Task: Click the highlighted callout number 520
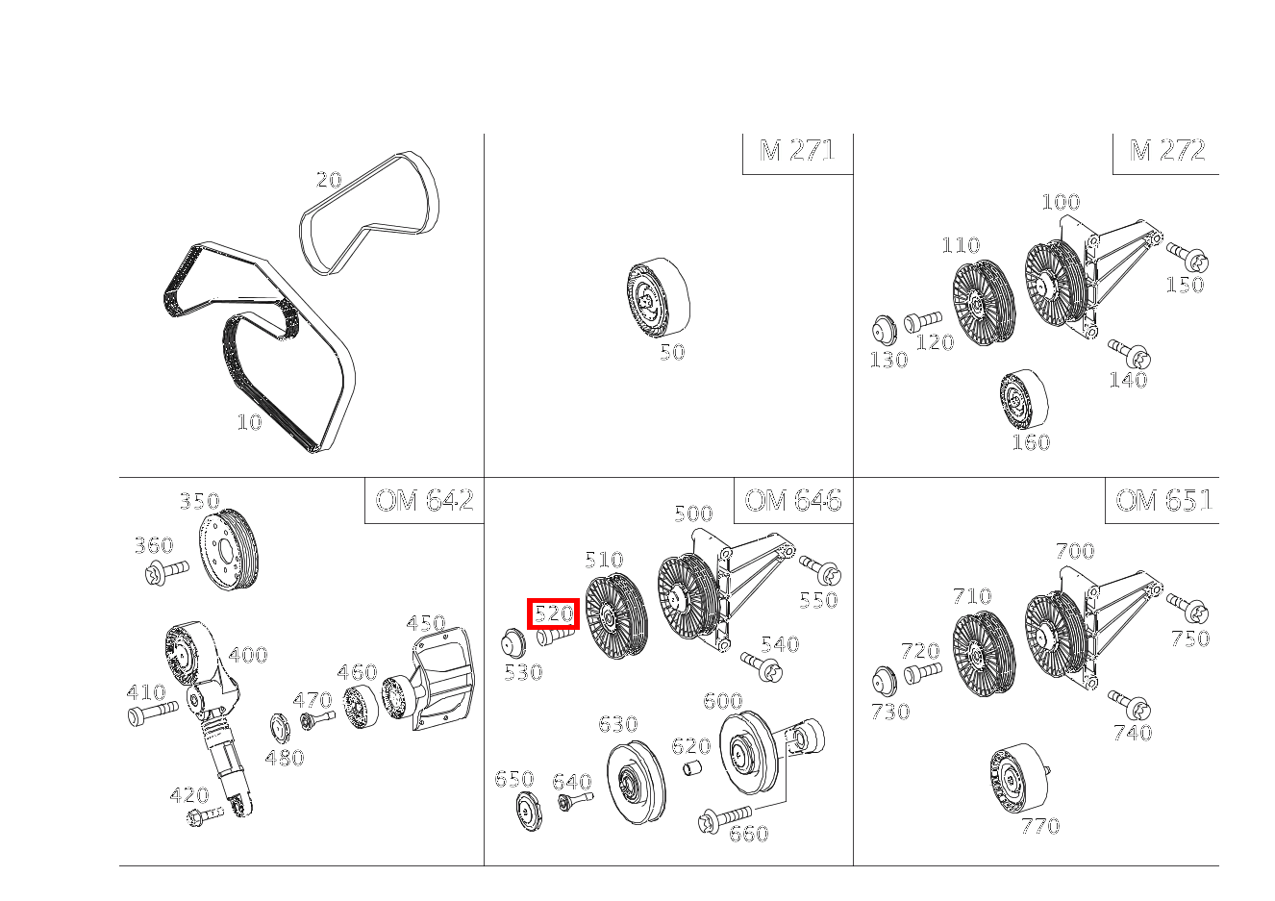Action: (x=553, y=613)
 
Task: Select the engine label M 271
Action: (x=797, y=151)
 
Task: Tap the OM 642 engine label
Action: (x=424, y=501)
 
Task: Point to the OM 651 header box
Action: (x=1162, y=501)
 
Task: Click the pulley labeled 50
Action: (x=659, y=297)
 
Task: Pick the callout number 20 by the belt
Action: (x=329, y=181)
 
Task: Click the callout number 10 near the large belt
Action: (x=249, y=422)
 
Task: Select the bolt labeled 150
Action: (x=1187, y=258)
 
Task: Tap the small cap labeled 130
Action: (x=884, y=330)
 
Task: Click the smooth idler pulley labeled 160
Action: (x=1023, y=400)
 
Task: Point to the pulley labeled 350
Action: (x=229, y=549)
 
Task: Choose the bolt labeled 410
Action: (x=153, y=712)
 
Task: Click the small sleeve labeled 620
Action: (x=692, y=768)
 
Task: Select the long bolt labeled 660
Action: (x=724, y=818)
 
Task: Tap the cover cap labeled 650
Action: (x=529, y=811)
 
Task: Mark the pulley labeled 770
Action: (x=1020, y=779)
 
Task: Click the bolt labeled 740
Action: (x=1129, y=705)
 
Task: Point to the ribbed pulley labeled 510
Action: (x=616, y=615)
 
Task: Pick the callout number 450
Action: (x=426, y=623)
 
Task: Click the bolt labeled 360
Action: (x=166, y=571)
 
